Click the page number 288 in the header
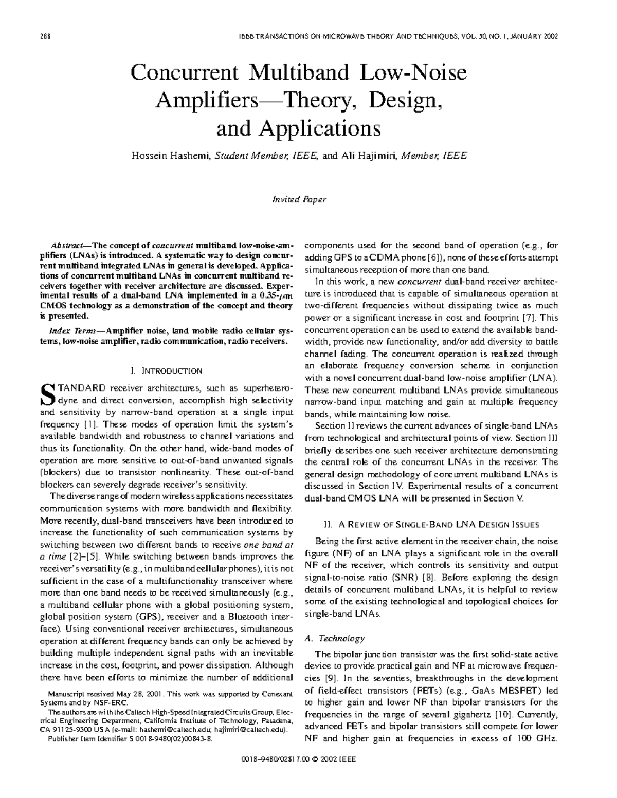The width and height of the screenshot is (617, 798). click(x=44, y=36)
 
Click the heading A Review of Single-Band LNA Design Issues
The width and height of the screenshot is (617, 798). click(x=431, y=525)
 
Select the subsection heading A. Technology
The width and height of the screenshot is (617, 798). click(x=335, y=638)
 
